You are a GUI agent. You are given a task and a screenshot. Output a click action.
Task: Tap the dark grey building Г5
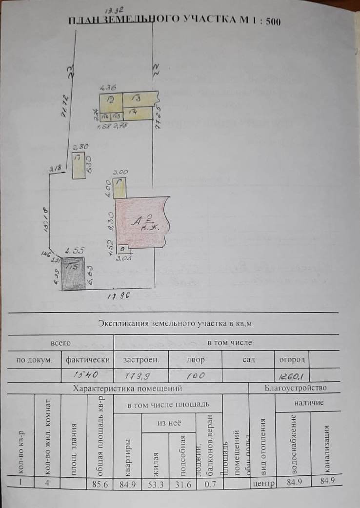click(73, 274)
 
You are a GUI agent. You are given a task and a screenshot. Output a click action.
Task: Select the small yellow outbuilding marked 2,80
click(78, 165)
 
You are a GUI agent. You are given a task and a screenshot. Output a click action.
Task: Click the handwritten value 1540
click(86, 375)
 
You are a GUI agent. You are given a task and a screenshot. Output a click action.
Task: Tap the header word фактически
click(86, 360)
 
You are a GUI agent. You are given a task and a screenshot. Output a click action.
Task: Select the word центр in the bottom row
click(262, 484)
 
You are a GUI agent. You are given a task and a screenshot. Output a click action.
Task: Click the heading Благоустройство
click(296, 389)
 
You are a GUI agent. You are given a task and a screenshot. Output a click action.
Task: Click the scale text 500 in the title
click(270, 22)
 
